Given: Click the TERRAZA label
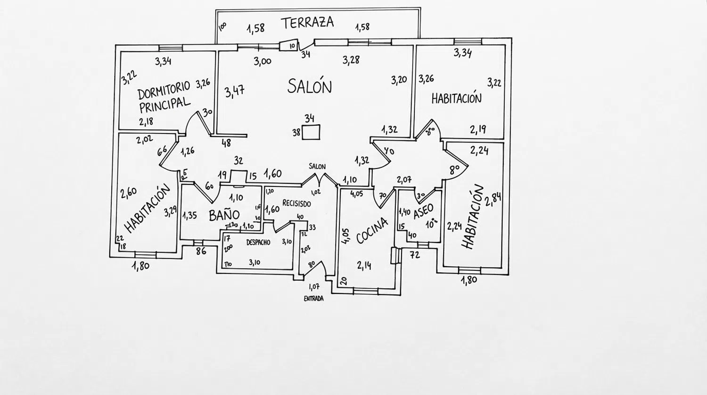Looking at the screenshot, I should coord(307,22).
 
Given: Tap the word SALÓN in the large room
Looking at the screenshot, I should coord(310,86).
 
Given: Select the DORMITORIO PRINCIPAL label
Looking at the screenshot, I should coord(164,96).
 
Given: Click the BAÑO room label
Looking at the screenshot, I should coord(224,216).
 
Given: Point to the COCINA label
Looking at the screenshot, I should coord(372,230).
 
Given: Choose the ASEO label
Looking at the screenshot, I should coord(423,212).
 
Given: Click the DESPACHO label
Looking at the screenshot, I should coord(258,243).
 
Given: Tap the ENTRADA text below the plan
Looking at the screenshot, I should coord(313,299).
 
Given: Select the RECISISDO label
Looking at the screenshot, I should coord(296,203).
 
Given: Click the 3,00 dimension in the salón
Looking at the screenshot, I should coord(263,61).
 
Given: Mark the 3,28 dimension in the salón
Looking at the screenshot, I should coord(351,60).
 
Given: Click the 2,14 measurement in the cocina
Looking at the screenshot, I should coord(364,266).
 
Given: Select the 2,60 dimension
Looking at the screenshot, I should coord(128,193).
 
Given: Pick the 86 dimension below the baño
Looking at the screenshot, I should coord(201,252).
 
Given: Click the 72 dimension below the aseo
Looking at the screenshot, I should coord(415,255).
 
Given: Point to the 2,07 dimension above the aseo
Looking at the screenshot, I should coord(404,179).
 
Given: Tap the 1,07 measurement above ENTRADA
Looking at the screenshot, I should coord(314,286).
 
